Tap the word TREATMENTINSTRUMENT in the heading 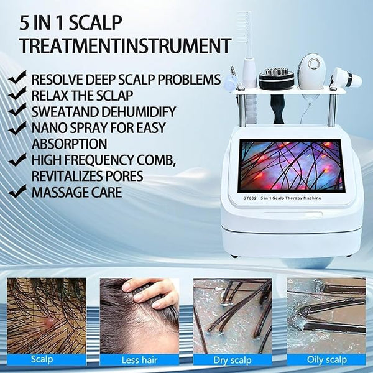[x=126, y=45]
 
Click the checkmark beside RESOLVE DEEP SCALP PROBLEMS [x=17, y=78]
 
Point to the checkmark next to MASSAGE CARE [x=17, y=191]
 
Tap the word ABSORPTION [x=69, y=144]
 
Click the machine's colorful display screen [x=292, y=166]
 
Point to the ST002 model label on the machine [x=249, y=198]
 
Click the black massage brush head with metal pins [x=273, y=79]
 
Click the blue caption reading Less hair [x=139, y=360]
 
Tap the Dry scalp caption [x=233, y=360]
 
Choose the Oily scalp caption [x=326, y=360]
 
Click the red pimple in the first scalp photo [x=50, y=321]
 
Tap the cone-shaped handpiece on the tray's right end [x=346, y=78]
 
